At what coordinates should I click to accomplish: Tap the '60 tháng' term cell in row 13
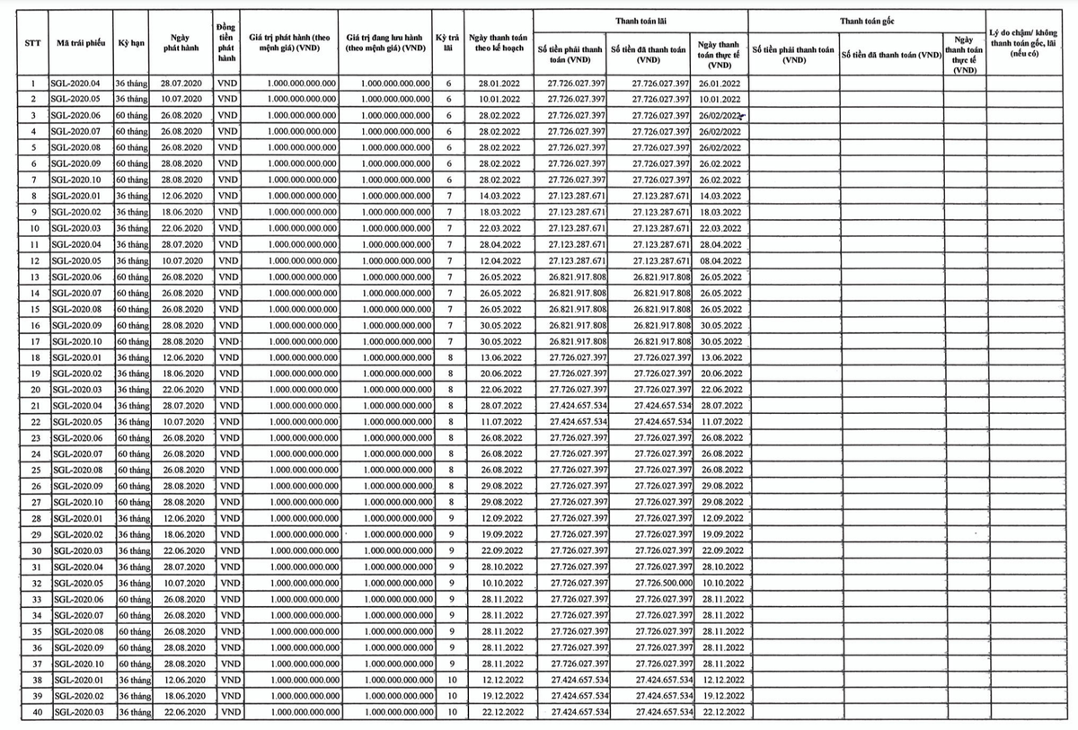[x=131, y=277]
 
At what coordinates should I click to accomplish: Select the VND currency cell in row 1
[x=227, y=84]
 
